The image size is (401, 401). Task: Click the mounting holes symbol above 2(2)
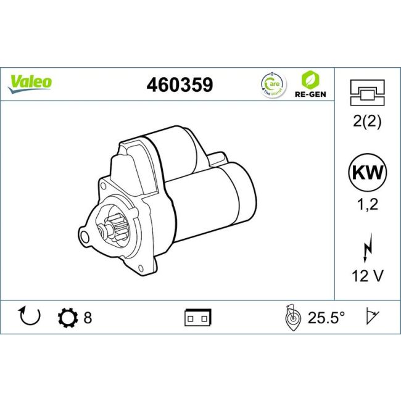pos(367,92)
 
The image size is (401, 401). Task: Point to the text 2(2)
pos(367,122)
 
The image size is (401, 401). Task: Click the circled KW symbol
pos(367,173)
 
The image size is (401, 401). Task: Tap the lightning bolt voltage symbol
pos(367,249)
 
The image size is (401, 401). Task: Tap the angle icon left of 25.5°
pos(291,318)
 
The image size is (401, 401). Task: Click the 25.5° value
pos(326,318)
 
